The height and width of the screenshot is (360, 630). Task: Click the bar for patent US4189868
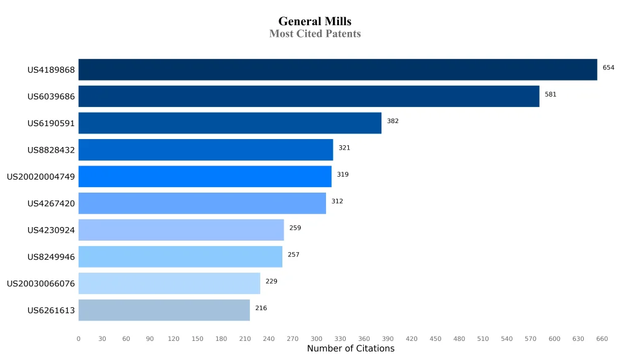337,70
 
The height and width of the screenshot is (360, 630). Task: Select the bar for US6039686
309,96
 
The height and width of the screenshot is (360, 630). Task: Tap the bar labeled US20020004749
205,177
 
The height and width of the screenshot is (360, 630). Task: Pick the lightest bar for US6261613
164,310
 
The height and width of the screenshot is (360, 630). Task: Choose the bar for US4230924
181,230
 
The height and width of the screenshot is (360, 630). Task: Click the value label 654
608,68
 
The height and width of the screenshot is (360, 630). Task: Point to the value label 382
393,121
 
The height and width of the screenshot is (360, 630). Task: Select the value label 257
293,255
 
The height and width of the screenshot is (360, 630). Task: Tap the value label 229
271,281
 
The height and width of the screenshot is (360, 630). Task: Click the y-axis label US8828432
51,150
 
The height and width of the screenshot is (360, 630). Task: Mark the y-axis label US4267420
51,203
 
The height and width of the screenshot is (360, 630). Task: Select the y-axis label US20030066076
41,284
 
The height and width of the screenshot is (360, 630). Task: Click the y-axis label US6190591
51,123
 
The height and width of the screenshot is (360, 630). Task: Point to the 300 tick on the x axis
316,338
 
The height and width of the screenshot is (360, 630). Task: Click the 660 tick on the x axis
602,338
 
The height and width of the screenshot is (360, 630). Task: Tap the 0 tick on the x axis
78,338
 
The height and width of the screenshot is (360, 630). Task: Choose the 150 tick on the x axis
197,338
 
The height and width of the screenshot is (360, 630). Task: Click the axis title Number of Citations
350,349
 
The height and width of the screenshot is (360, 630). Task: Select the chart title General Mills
314,22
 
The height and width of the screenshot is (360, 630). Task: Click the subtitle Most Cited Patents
314,34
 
